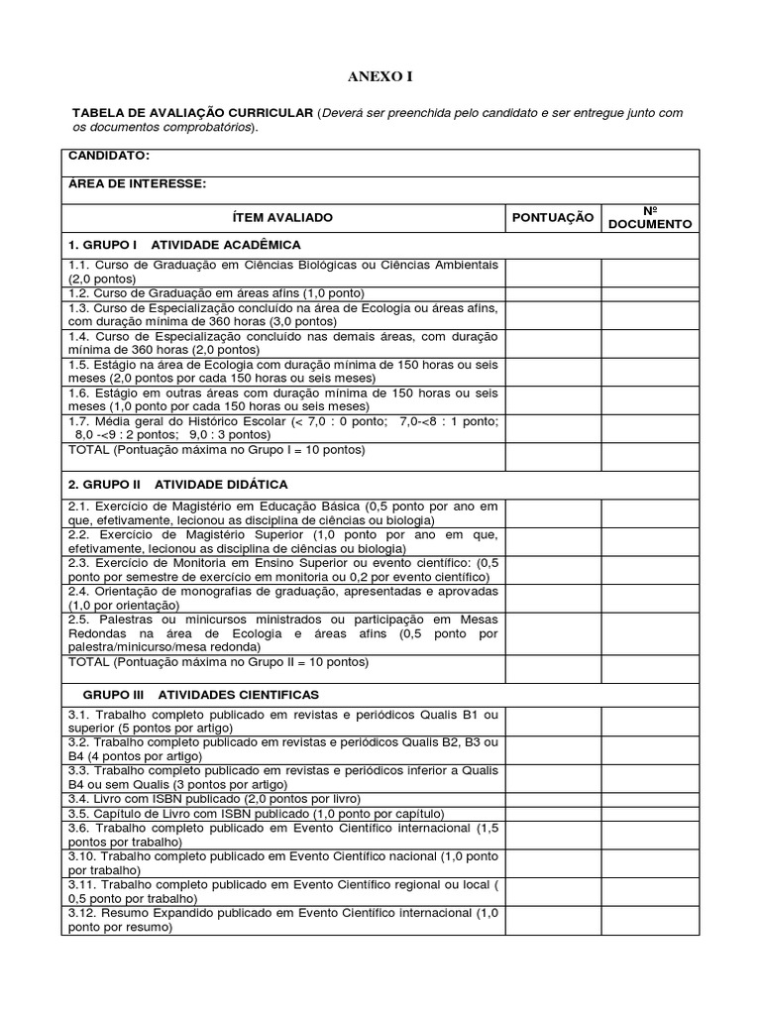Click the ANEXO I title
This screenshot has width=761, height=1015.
click(380, 76)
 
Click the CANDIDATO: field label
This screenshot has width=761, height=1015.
click(109, 156)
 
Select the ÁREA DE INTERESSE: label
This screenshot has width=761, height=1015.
click(137, 182)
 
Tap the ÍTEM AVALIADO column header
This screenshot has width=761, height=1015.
click(282, 217)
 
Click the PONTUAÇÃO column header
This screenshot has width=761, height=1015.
click(553, 217)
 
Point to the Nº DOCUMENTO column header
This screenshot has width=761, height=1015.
click(650, 217)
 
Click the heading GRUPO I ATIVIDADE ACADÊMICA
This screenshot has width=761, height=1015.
click(183, 244)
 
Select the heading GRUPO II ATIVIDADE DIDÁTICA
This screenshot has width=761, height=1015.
click(177, 484)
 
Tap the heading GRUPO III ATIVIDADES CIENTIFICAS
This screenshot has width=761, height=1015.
click(193, 695)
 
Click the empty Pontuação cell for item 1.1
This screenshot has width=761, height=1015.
click(553, 272)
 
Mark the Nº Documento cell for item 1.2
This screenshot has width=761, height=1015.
click(650, 292)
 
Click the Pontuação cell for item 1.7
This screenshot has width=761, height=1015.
click(553, 428)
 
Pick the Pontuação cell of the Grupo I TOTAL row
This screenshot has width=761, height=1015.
click(553, 456)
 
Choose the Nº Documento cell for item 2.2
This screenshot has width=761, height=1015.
click(650, 540)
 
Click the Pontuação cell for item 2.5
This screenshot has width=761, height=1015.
click(553, 632)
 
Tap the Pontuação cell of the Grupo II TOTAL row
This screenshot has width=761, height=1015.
click(553, 668)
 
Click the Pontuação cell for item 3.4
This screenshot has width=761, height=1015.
click(553, 798)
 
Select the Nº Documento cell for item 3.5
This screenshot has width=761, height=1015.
click(650, 813)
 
